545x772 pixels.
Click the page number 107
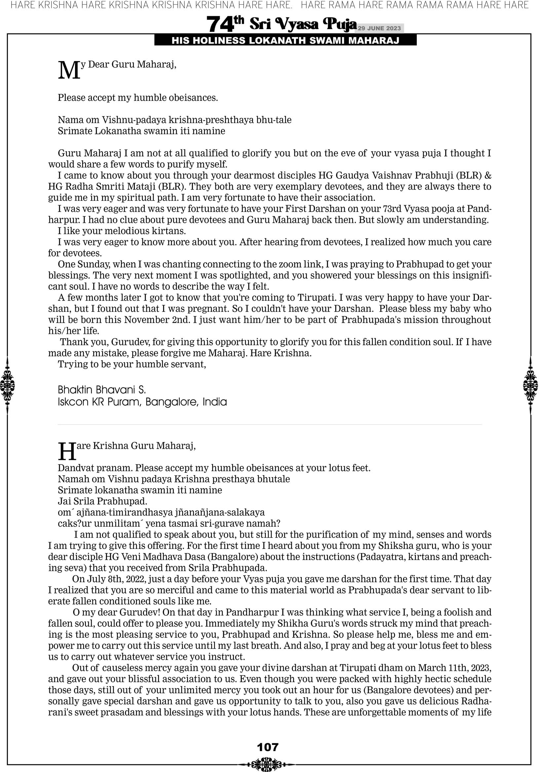268,747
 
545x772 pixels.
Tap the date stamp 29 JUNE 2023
379,28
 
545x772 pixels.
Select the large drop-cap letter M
69,71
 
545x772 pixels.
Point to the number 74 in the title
220,24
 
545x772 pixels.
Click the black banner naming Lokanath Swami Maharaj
285,41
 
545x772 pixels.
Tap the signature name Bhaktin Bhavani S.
102,390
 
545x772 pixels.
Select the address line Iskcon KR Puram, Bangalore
142,402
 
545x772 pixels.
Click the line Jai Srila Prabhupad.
102,501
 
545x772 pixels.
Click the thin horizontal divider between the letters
270,425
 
